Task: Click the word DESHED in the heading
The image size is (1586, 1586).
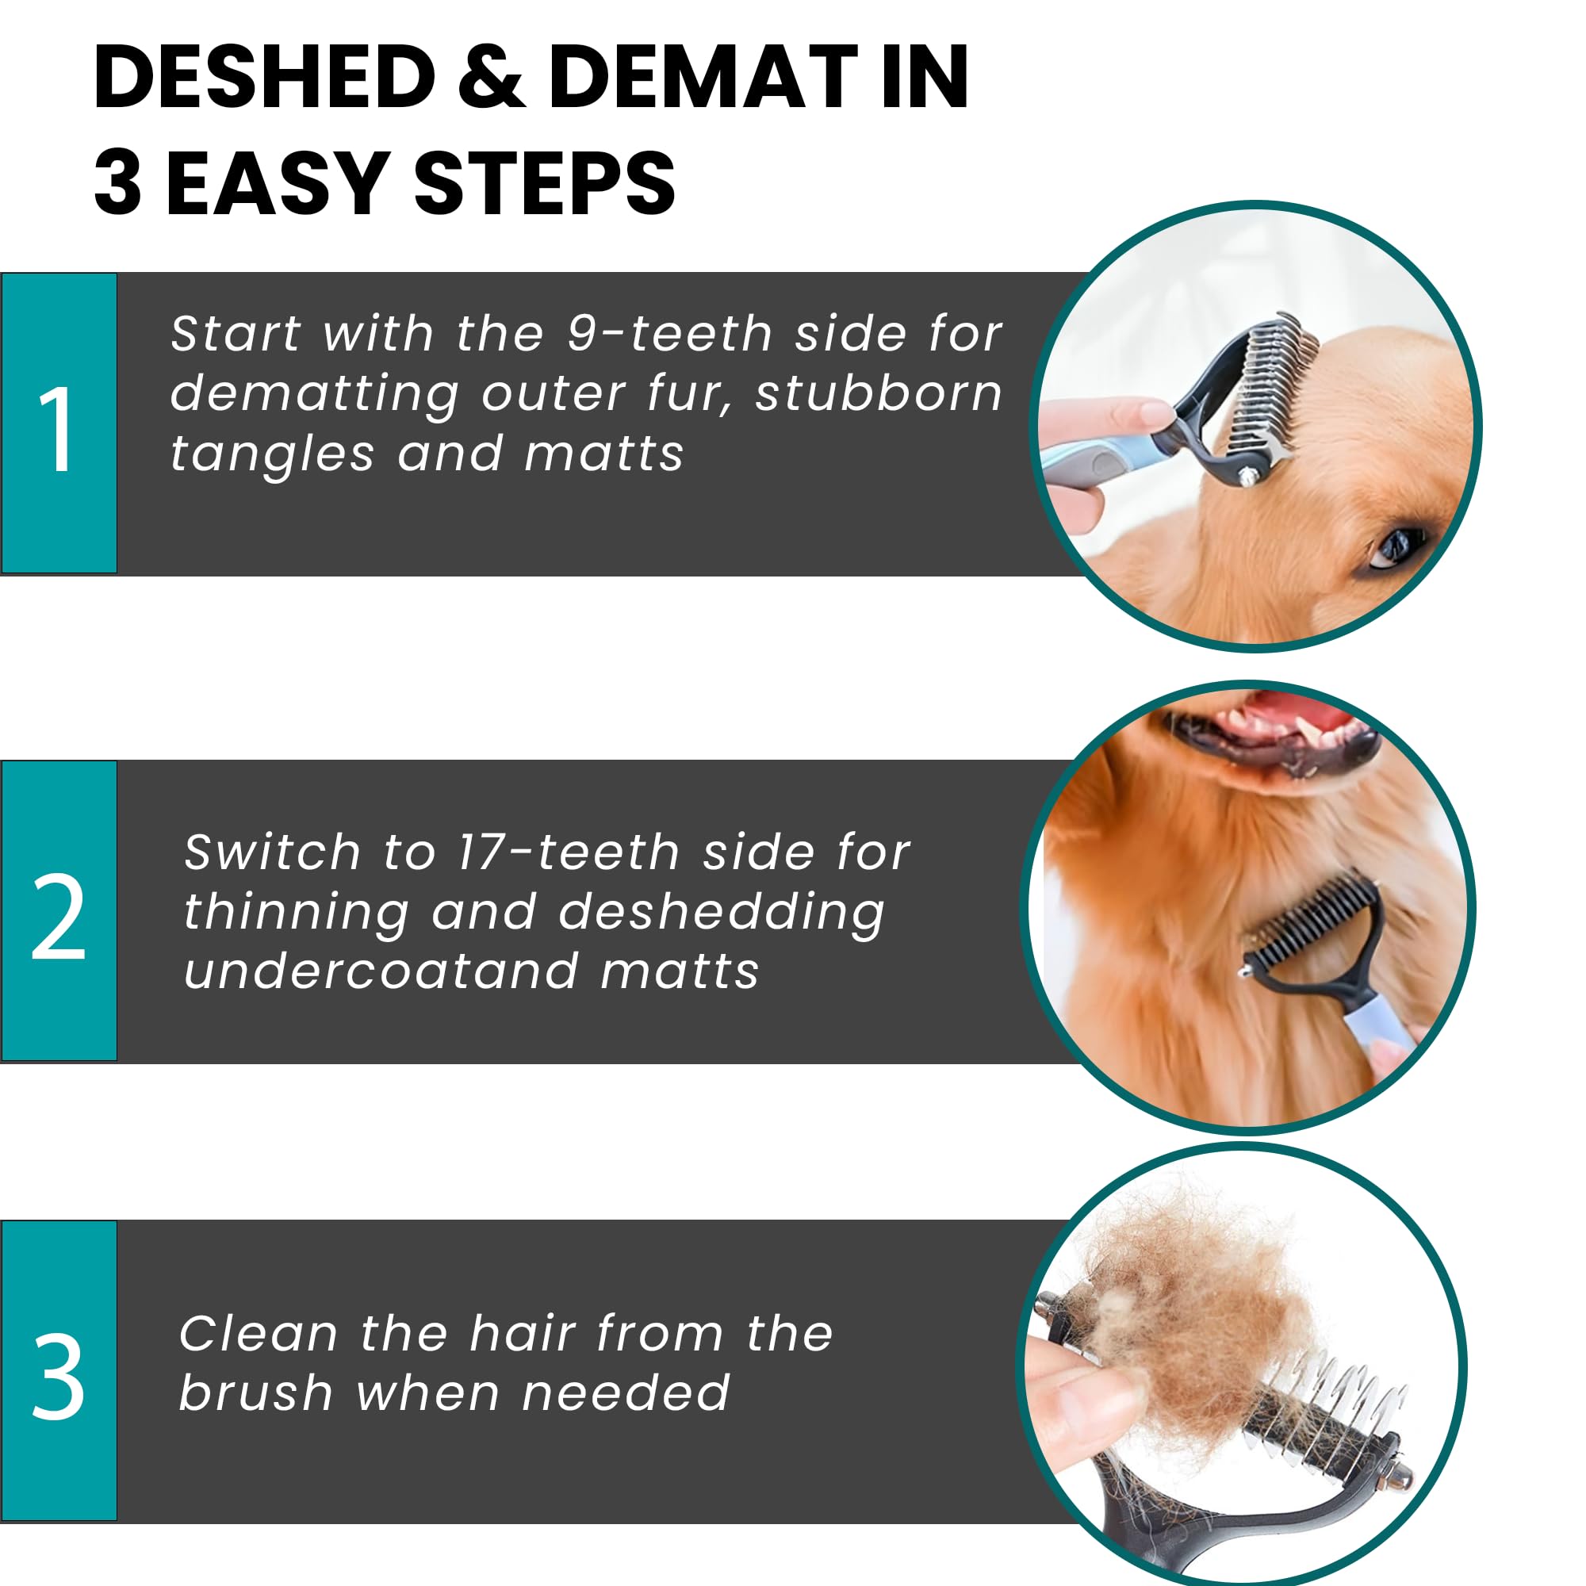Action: point(264,77)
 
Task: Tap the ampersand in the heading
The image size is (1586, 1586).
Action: point(491,77)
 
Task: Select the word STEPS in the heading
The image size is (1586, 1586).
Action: point(544,184)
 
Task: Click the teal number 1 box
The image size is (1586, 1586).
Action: point(59,423)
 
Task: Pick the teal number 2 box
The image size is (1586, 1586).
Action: point(59,910)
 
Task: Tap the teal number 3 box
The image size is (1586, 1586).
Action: point(59,1370)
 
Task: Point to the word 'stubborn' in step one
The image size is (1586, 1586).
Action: point(879,394)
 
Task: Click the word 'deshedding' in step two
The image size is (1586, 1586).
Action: point(722,913)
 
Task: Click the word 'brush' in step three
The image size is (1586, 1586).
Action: point(255,1393)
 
